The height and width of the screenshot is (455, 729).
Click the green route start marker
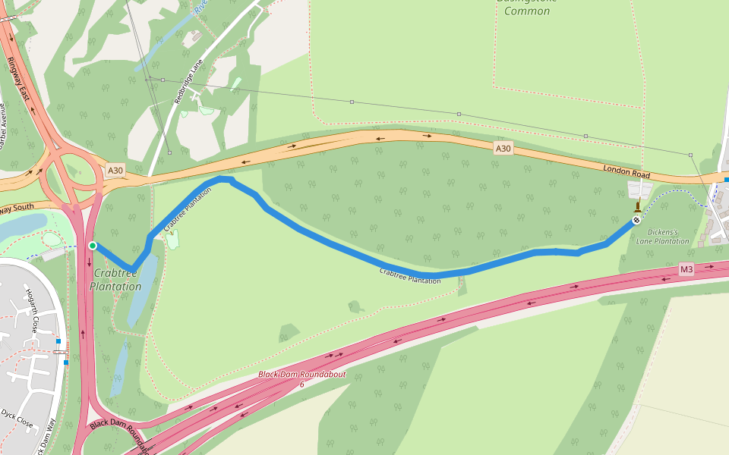pos(93,245)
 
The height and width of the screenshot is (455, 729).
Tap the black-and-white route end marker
pos(636,220)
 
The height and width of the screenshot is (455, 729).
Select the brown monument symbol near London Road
pos(637,205)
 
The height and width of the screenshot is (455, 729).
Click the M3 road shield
pos(686,269)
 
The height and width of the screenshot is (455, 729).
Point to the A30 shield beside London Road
pos(503,149)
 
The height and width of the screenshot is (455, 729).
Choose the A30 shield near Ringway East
pos(115,171)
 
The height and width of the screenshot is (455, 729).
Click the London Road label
pos(628,171)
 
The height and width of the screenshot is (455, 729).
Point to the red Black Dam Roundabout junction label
pos(301,375)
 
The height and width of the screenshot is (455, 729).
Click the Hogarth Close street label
pos(32,312)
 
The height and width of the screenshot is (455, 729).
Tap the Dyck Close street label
pos(18,418)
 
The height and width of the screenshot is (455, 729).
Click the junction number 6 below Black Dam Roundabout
pos(301,384)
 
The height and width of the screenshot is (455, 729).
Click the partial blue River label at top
pos(200,8)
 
